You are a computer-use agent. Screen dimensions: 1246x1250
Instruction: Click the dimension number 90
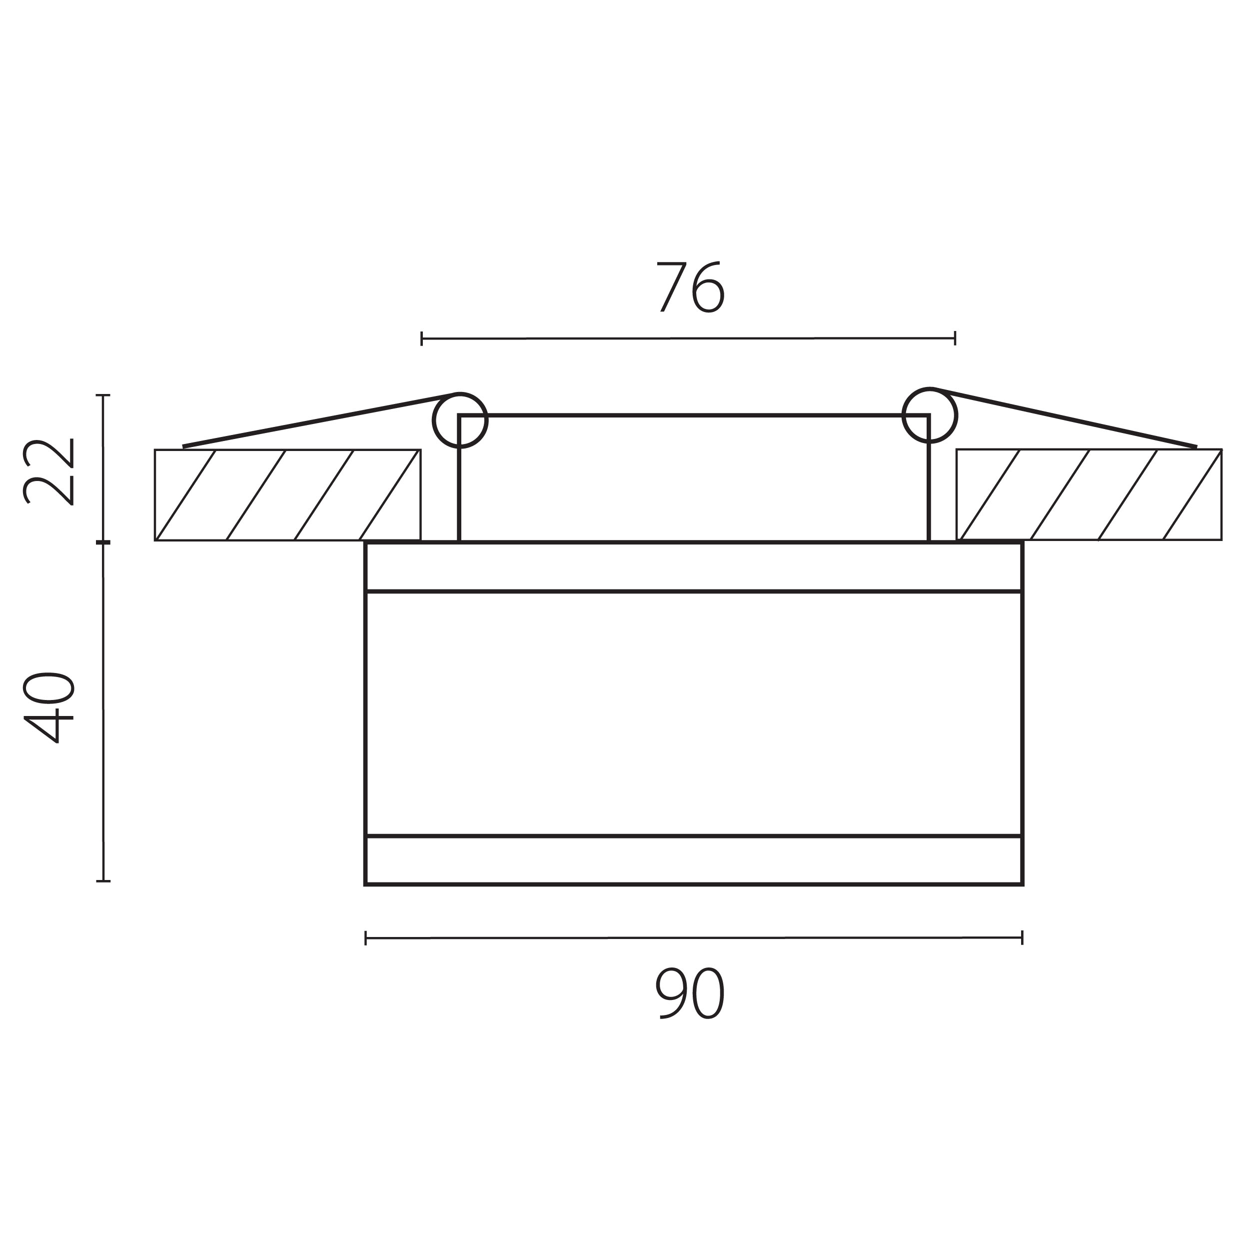[x=691, y=993]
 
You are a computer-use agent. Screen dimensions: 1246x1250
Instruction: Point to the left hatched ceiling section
[x=288, y=495]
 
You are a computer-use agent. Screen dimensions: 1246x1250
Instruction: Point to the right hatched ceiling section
[x=1089, y=494]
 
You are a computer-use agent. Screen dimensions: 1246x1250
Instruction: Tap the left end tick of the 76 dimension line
[x=422, y=338]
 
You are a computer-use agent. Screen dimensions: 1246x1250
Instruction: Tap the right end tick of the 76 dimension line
[x=955, y=337]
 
